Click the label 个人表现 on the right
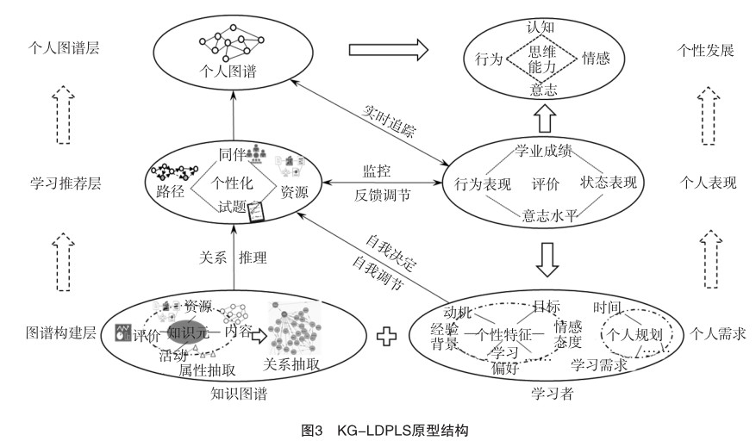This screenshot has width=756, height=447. [707, 183]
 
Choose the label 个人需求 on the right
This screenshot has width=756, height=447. [716, 331]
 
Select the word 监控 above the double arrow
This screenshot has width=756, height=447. [372, 171]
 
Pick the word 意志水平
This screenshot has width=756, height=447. [549, 216]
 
